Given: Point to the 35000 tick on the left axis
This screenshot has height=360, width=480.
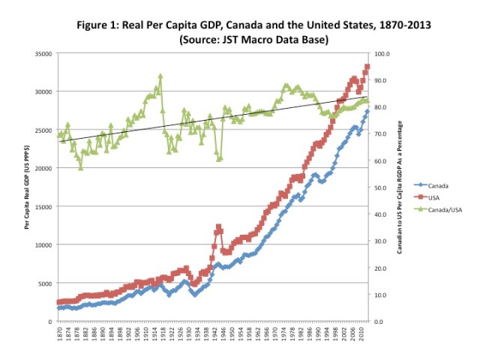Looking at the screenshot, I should click(x=42, y=54).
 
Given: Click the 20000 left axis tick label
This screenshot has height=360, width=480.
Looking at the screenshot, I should click(x=42, y=168).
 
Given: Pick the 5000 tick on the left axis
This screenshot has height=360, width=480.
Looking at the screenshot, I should click(x=43, y=283).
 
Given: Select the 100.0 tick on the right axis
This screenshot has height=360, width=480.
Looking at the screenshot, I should click(x=382, y=54).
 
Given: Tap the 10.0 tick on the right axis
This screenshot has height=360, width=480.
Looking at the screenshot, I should click(x=382, y=295).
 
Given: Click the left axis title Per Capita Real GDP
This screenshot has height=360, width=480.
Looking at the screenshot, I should click(x=27, y=187).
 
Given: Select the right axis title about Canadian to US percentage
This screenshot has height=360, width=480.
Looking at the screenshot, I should click(x=400, y=187).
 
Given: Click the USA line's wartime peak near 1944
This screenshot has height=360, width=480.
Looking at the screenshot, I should click(x=218, y=226).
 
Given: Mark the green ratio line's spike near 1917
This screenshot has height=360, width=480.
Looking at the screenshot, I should click(x=160, y=76).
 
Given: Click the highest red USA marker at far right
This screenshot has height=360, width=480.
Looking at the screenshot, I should click(x=367, y=66).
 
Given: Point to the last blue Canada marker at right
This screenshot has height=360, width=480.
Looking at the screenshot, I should click(x=367, y=111).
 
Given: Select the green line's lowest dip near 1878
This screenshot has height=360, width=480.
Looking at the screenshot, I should click(x=80, y=167).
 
